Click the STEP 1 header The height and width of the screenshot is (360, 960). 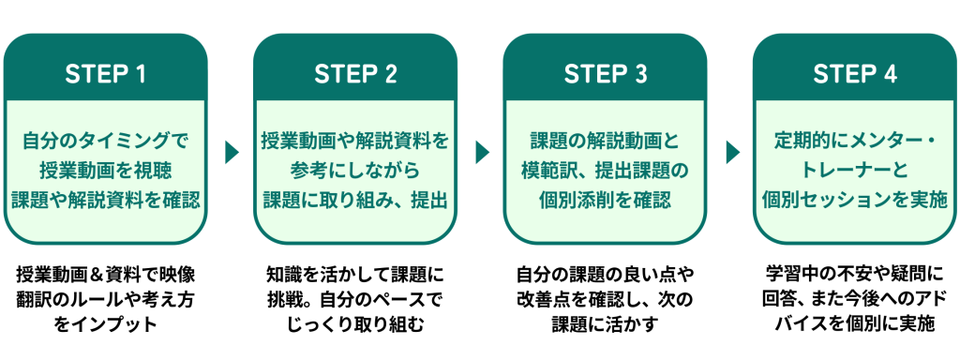tap(105, 74)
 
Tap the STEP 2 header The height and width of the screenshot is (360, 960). tap(355, 74)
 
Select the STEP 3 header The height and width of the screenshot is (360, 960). tap(605, 74)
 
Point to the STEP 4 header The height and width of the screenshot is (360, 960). tap(855, 74)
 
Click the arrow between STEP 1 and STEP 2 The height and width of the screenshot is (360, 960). tap(231, 153)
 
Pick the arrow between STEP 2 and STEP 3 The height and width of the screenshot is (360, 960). tap(481, 153)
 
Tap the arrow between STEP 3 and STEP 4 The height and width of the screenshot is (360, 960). tap(731, 153)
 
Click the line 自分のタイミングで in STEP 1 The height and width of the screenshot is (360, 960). tap(105, 142)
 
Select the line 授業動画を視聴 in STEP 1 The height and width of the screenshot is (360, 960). tap(105, 171)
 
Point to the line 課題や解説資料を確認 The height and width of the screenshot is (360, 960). tap(105, 200)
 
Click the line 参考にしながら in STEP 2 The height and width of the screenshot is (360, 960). tap(355, 171)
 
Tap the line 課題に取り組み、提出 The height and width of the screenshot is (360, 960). tap(355, 200)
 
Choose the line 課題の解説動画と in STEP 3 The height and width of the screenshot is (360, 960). tap(605, 142)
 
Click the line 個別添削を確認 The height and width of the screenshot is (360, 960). tap(605, 200)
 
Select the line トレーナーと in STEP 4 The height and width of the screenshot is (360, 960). tap(855, 171)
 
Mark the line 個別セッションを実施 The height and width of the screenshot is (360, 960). tap(855, 200)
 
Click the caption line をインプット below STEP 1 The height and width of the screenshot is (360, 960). tap(105, 324)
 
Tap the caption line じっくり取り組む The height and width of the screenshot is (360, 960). tap(355, 324)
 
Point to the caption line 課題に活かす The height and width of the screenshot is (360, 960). tap(605, 324)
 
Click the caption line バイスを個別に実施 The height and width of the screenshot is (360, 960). tap(855, 324)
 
